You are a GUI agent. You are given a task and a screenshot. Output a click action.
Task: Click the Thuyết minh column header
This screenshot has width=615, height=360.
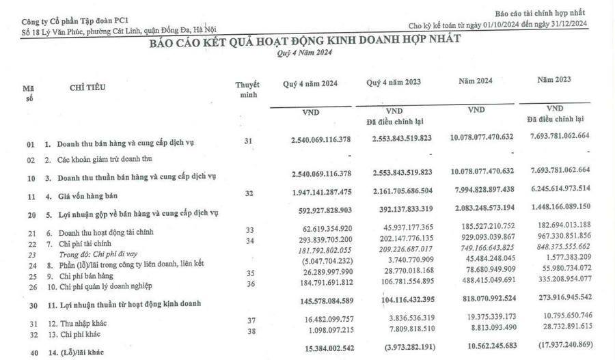point(247,89)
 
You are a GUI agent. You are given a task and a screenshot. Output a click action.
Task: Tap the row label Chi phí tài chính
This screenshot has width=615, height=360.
point(75,243)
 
